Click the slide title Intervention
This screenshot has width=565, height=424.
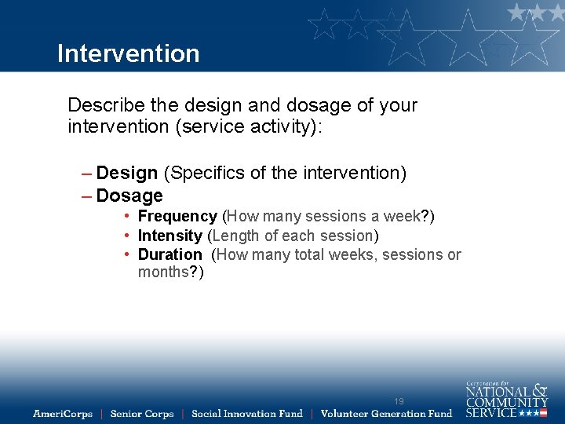129,53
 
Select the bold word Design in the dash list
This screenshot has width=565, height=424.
127,173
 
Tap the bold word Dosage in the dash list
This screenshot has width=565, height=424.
129,196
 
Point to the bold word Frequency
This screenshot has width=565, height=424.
177,216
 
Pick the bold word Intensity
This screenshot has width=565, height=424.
169,236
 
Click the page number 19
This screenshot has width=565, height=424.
399,401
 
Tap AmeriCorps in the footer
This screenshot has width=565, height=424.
63,413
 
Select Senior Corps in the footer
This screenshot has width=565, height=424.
142,413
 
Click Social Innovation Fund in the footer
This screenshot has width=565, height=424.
247,413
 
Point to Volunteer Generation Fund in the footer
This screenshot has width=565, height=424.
387,413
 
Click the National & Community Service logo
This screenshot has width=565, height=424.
506,400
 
